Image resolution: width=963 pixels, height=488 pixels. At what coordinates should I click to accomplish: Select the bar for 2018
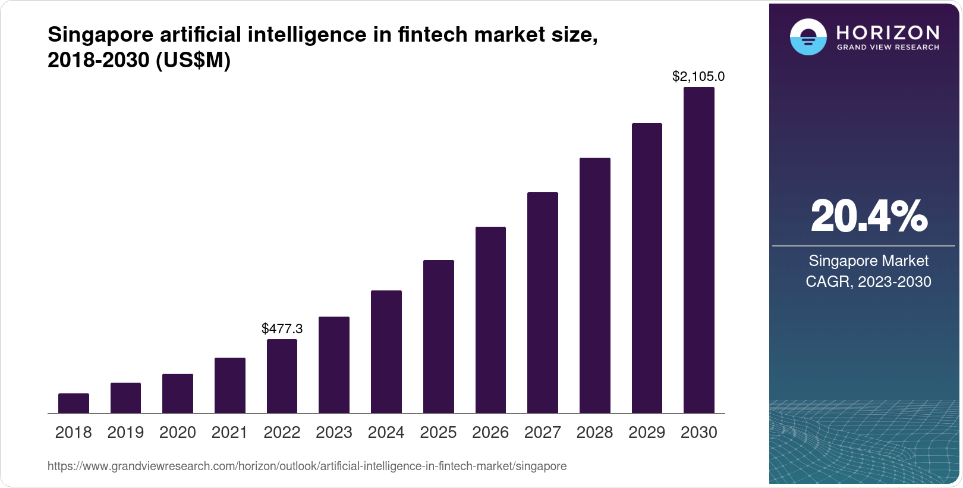74,403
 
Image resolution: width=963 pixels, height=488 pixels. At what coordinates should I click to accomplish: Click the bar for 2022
282,376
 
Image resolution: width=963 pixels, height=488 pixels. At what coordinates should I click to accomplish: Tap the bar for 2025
439,336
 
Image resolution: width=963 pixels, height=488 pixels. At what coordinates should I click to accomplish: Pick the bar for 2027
543,302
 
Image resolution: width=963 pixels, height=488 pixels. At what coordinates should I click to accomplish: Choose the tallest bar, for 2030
699,250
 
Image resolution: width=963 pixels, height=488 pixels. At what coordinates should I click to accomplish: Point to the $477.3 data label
282,329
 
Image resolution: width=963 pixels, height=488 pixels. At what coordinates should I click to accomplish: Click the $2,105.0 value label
698,76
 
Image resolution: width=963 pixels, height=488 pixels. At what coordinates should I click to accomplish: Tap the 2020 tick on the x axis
178,433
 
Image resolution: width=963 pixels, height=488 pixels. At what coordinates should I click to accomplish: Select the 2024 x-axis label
386,433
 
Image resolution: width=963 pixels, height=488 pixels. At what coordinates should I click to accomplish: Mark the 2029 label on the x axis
647,433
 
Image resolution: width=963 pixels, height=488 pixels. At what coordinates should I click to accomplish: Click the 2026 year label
490,433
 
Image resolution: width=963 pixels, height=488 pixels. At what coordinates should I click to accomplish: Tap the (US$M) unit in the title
193,60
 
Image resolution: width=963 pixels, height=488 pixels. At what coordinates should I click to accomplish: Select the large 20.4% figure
868,216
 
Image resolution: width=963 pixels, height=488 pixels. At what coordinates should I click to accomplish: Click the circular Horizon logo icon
808,37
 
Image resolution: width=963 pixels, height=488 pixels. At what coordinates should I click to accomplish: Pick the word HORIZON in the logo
888,32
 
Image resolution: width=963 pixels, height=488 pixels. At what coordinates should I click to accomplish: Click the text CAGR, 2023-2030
868,281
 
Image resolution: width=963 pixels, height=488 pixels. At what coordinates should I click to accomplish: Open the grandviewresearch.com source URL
307,466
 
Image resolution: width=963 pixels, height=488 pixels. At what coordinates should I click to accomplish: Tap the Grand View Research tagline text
888,48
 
